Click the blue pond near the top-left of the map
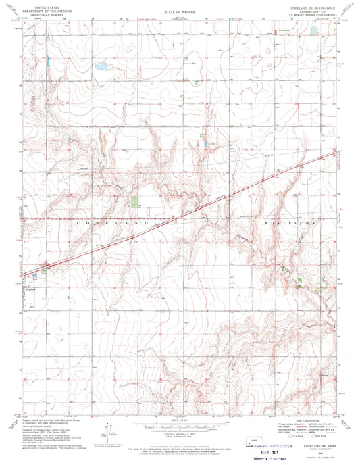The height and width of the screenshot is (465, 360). (x=101, y=66)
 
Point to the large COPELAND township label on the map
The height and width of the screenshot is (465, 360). (x=115, y=222)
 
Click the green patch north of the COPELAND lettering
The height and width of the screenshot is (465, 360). (x=134, y=201)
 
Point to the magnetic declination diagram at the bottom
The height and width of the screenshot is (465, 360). (x=109, y=430)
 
